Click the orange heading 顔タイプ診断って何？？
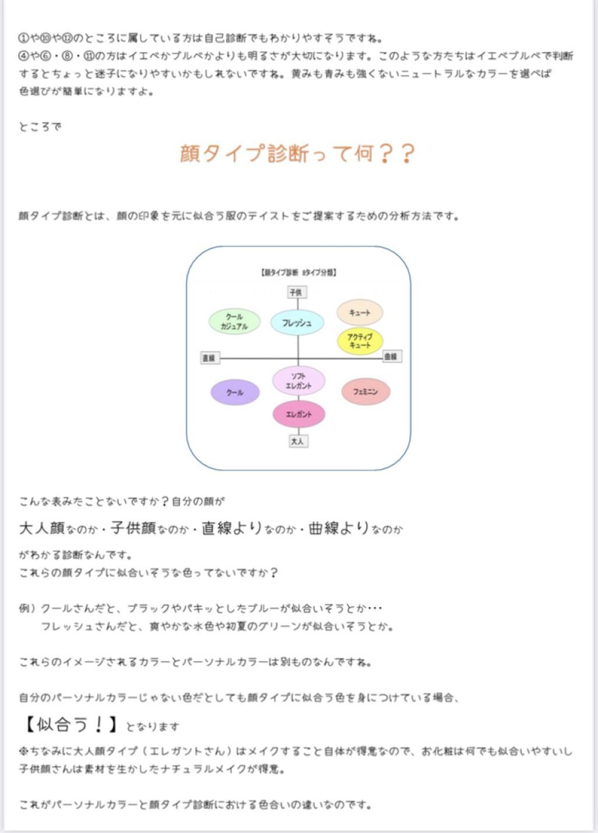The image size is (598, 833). coord(297,154)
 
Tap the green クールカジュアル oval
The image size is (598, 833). coord(234,321)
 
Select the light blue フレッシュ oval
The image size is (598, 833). coord(297,323)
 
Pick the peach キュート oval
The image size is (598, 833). coord(359,313)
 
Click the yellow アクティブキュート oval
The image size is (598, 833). coord(360,341)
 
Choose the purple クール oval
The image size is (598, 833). coord(235,393)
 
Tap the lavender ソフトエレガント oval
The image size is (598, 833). coord(298,381)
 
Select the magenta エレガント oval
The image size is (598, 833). coord(298,414)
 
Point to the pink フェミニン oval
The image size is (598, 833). coord(365,392)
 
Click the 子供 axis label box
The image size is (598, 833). coord(297,292)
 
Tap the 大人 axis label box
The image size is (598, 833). coord(297,441)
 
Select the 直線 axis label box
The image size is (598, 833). coord(208,358)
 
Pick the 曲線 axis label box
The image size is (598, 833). coord(391,356)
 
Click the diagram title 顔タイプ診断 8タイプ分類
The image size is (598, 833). coord(298,272)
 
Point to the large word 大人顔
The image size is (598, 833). coord(41,528)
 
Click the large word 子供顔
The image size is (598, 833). coord(133,528)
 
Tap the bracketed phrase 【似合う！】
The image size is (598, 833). coord(71,725)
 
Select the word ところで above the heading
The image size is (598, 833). coord(40,127)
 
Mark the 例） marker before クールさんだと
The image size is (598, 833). coord(27,609)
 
